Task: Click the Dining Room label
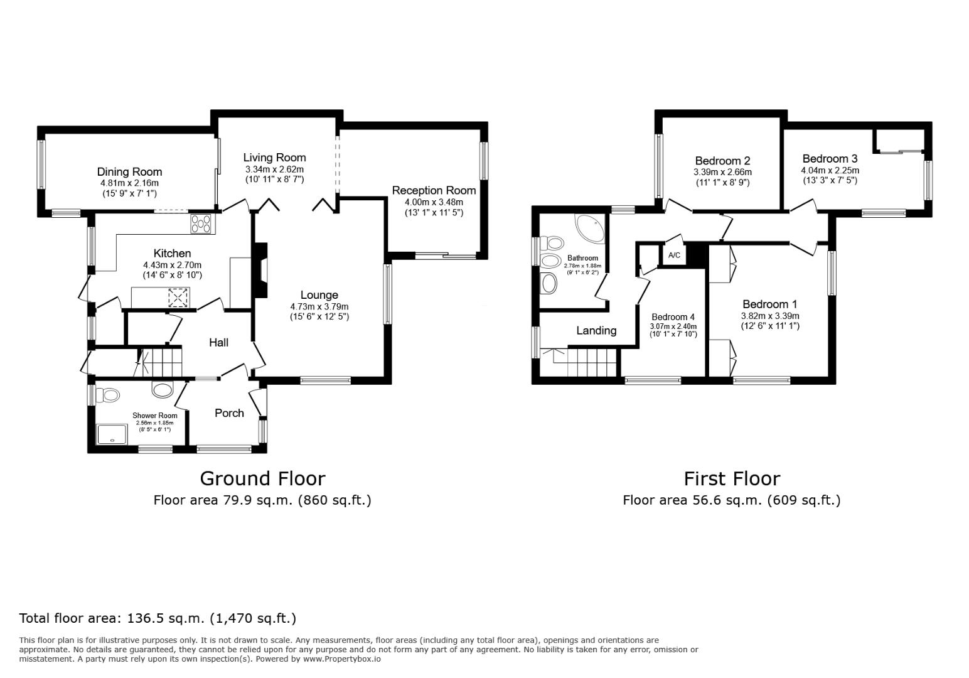pyautogui.click(x=129, y=171)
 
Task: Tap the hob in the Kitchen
pyautogui.click(x=201, y=223)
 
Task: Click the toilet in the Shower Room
pyautogui.click(x=109, y=395)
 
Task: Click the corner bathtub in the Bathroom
pyautogui.click(x=591, y=229)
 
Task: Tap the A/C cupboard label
pyautogui.click(x=674, y=256)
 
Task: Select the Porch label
pyautogui.click(x=229, y=412)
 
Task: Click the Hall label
pyautogui.click(x=218, y=342)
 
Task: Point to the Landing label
pyautogui.click(x=596, y=330)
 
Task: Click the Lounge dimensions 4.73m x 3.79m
pyautogui.click(x=319, y=306)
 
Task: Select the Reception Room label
pyautogui.click(x=434, y=190)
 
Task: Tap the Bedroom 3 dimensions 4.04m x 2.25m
pyautogui.click(x=830, y=170)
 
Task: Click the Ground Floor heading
pyautogui.click(x=262, y=478)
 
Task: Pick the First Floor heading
pyautogui.click(x=731, y=478)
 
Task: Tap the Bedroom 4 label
pyautogui.click(x=673, y=317)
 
